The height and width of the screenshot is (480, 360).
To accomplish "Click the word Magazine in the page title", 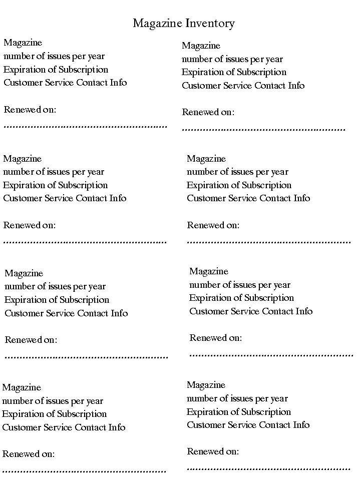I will point(157,24).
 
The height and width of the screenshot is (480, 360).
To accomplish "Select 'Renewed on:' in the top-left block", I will point(30,110).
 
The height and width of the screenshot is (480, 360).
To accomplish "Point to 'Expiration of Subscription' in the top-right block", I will point(234,72).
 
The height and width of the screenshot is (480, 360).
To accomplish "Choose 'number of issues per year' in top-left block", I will point(54,56).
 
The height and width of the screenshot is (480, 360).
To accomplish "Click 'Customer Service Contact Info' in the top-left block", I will point(65,83).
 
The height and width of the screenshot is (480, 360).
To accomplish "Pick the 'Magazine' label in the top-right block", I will point(201,46).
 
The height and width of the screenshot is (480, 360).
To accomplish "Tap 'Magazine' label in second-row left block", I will point(23,159).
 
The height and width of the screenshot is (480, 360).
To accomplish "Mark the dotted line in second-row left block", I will point(85,242).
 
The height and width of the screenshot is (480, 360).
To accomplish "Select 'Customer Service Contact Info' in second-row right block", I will point(248,198).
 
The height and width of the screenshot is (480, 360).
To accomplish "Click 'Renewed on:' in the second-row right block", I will point(213,225).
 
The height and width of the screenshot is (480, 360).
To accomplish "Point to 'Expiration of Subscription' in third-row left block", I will point(57,300).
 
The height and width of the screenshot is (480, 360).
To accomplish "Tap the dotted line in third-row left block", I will point(86,357).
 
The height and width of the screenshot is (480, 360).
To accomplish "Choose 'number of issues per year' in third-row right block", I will point(240,285).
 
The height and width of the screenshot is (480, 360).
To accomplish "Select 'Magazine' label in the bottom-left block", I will point(22,387).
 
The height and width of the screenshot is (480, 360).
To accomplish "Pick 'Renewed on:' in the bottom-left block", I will point(29,454).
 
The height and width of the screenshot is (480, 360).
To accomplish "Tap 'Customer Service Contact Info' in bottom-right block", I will point(248,425).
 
